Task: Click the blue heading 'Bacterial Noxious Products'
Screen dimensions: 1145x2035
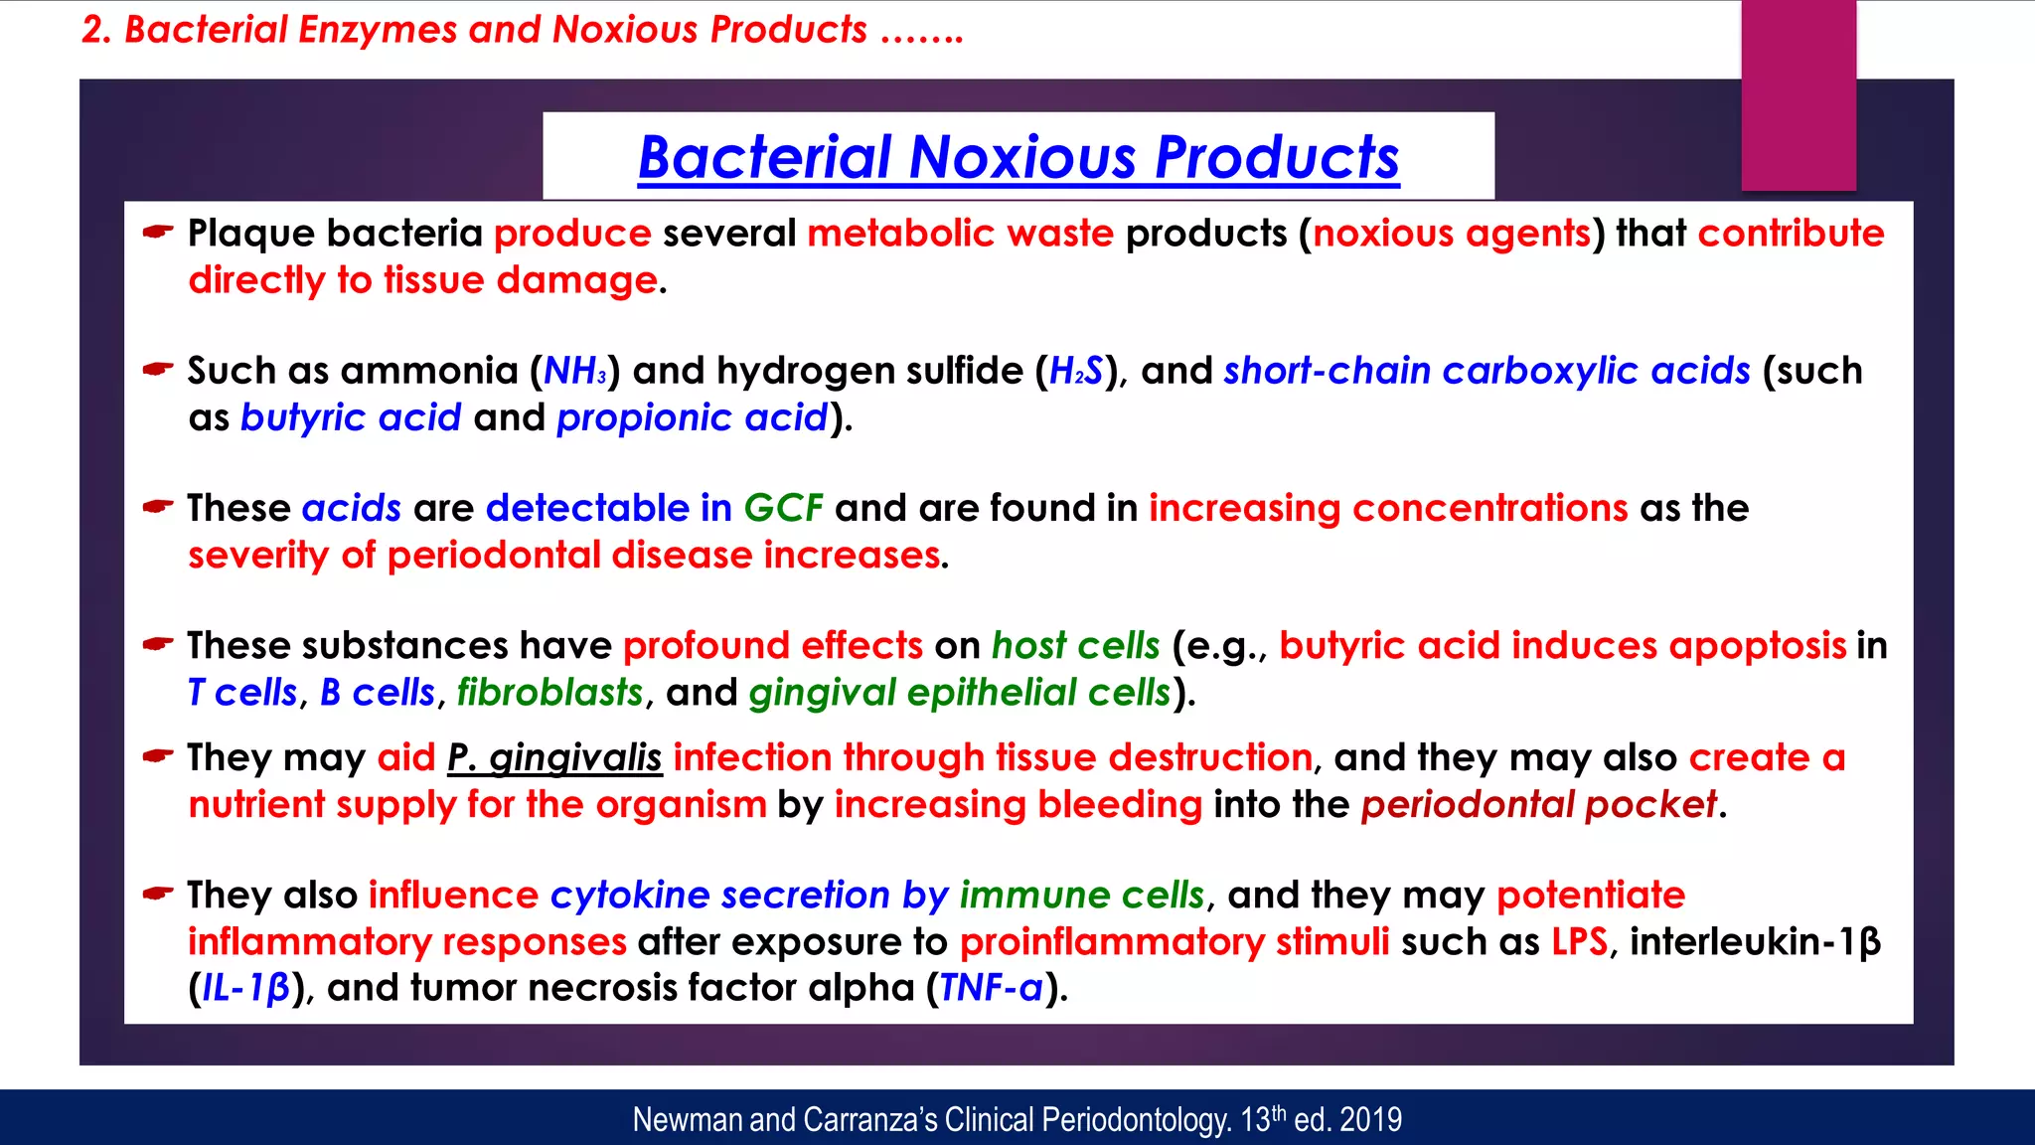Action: pyautogui.click(x=1018, y=158)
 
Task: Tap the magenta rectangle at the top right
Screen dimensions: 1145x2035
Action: pyautogui.click(x=1799, y=95)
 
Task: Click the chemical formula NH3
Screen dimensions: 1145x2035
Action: pyautogui.click(x=574, y=371)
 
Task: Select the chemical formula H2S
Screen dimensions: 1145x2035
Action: pyautogui.click(x=1075, y=371)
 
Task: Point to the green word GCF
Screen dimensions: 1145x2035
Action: pyautogui.click(x=783, y=508)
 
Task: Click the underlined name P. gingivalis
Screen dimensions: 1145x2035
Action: pyautogui.click(x=553, y=758)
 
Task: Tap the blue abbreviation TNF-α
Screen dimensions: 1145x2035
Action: pyautogui.click(x=991, y=988)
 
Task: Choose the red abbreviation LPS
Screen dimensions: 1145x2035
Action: pyautogui.click(x=1579, y=941)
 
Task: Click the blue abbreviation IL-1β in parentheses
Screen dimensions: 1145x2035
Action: pyautogui.click(x=245, y=988)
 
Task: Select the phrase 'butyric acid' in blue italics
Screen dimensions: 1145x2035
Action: pyautogui.click(x=351, y=417)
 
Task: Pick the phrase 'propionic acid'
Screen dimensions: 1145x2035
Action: pyautogui.click(x=692, y=417)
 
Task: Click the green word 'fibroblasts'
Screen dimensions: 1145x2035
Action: pyautogui.click(x=549, y=693)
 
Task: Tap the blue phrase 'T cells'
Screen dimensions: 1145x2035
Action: pyautogui.click(x=242, y=693)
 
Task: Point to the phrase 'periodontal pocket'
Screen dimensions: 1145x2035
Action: pyautogui.click(x=1538, y=804)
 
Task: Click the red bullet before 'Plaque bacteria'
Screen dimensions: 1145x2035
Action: pyautogui.click(x=157, y=233)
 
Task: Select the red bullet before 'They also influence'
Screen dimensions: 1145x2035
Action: pyautogui.click(x=157, y=894)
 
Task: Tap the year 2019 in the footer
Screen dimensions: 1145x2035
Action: pyautogui.click(x=1370, y=1120)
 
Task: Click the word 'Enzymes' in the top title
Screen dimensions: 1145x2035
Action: pyautogui.click(x=378, y=30)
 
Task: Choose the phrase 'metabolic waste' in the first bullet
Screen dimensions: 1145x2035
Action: pyautogui.click(x=960, y=234)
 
